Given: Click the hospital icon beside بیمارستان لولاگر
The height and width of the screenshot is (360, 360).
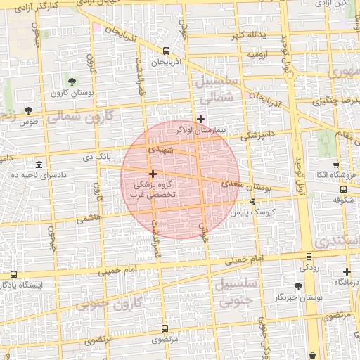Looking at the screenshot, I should [x=201, y=118].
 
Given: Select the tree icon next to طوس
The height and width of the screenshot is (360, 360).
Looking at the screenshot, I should [x=28, y=110].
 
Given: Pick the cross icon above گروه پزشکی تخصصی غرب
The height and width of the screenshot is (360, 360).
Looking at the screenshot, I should [x=152, y=173].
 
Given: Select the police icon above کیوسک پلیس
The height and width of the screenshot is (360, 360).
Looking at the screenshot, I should [x=253, y=201].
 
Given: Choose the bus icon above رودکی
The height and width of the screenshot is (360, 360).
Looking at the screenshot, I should [x=309, y=256].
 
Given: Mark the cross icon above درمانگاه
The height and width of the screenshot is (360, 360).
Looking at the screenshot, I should [x=347, y=271].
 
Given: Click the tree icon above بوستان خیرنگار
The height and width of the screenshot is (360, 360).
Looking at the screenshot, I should [x=298, y=286].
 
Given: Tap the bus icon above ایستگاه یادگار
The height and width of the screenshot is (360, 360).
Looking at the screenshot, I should [x=14, y=275].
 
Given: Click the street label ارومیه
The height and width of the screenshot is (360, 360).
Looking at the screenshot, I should [x=257, y=53].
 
